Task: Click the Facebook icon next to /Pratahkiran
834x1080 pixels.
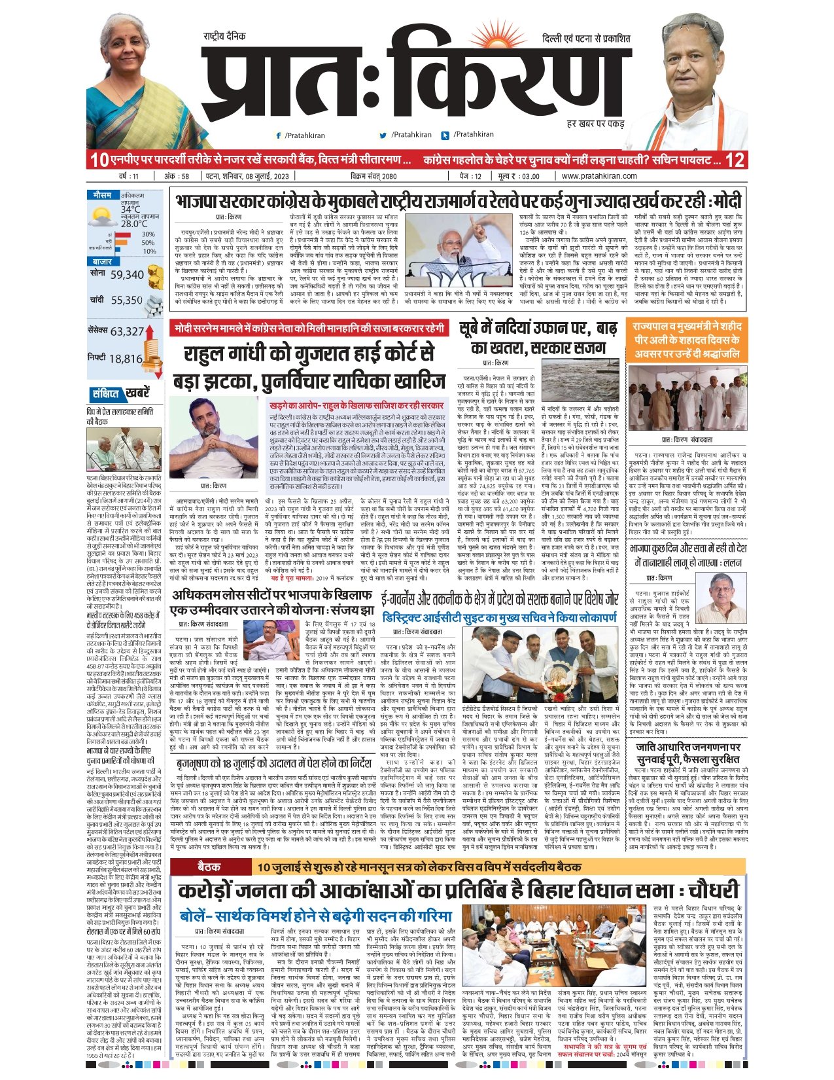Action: (279, 135)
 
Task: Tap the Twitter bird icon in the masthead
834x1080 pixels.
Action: (383, 135)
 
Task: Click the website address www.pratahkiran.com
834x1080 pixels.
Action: (599, 175)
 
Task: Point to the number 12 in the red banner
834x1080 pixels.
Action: (735, 160)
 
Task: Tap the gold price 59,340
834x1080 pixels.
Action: (126, 275)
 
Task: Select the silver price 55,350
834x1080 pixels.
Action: (126, 300)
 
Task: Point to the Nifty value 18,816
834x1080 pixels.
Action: (126, 359)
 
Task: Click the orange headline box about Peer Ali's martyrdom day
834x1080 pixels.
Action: (687, 340)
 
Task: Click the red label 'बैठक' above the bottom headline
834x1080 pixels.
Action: (209, 867)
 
